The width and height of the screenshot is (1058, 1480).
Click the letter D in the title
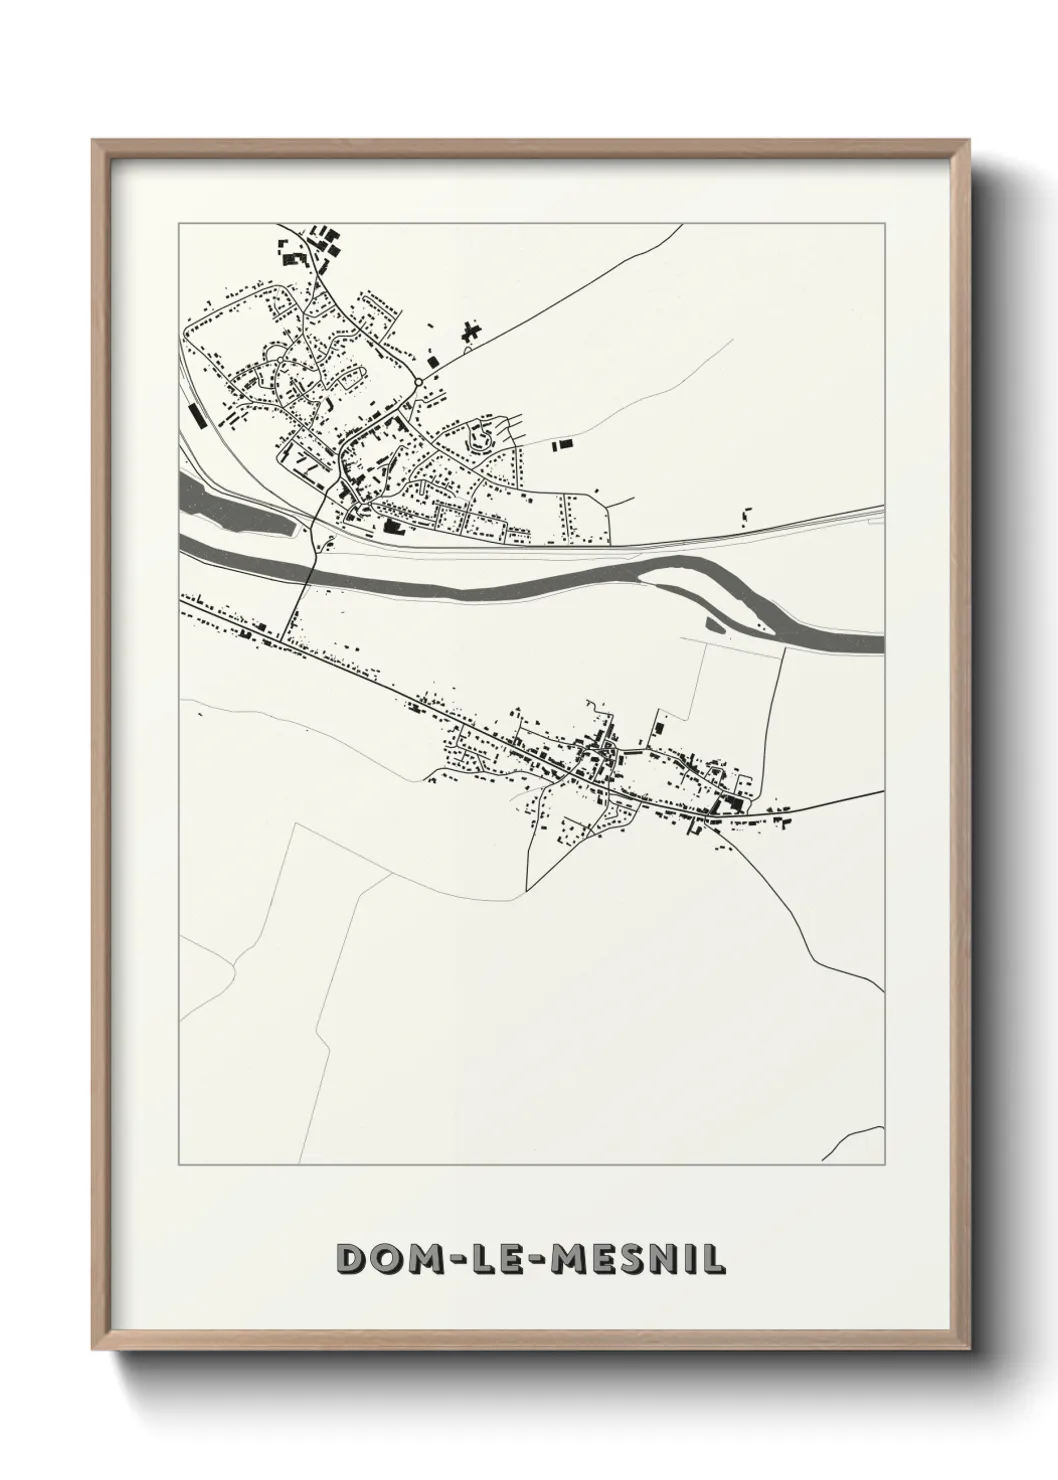click(352, 1259)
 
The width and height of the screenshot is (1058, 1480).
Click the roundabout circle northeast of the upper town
click(418, 382)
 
